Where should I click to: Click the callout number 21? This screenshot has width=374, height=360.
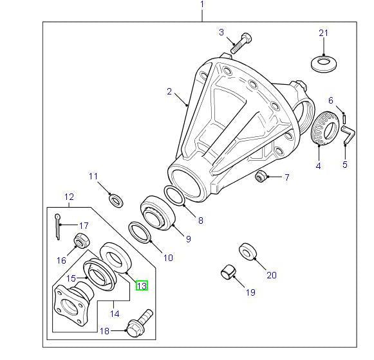coord(323,33)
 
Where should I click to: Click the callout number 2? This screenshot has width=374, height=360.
coord(170,91)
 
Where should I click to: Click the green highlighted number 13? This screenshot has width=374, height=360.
coord(142,285)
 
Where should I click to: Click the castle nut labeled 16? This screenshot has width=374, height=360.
coord(80,242)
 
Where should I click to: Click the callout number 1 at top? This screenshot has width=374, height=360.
coord(201,4)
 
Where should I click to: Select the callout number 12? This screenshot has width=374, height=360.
coord(69,197)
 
